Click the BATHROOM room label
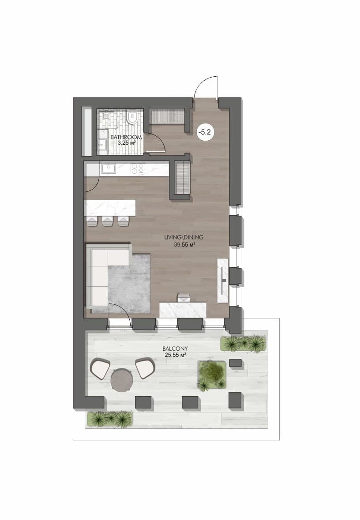coord(126,137)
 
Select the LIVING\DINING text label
coord(184,237)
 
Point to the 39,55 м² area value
coord(184,245)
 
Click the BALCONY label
coord(175,348)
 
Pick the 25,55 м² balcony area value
coord(175,355)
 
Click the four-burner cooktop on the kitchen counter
coord(138,168)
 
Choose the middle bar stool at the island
coord(107,221)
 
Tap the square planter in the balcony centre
coord(212,375)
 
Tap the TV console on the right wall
coord(223,280)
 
